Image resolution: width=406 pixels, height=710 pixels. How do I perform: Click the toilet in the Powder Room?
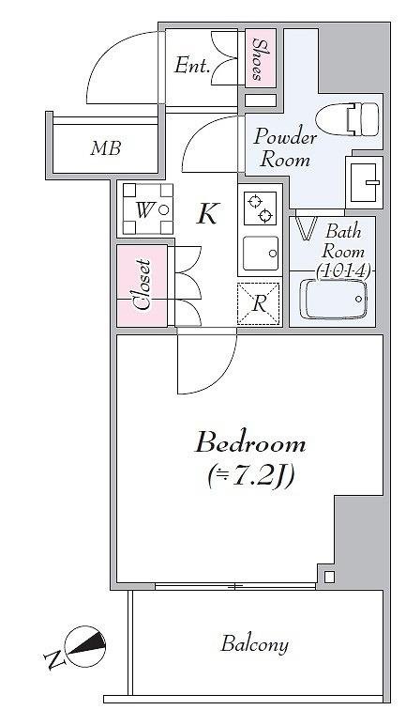(347, 119)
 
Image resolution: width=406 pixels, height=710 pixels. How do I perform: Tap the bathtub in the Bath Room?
(334, 300)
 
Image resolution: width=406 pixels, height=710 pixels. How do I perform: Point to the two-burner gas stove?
(260, 208)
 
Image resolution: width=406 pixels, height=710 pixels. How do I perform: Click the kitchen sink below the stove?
(261, 254)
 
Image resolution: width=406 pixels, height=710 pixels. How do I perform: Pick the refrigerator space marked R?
(259, 303)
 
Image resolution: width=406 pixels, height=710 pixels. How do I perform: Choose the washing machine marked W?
(148, 208)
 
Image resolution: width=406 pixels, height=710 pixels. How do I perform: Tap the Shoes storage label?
(260, 59)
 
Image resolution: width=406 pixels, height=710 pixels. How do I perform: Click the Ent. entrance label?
(192, 66)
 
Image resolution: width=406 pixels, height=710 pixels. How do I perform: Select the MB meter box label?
(105, 148)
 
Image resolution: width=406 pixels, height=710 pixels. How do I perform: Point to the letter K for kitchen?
(207, 213)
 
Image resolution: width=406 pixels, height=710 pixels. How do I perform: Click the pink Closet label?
(143, 285)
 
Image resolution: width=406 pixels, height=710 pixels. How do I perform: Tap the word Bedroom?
(250, 443)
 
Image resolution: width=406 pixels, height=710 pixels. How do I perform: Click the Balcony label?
(254, 644)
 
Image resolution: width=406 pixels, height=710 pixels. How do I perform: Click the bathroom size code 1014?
(343, 271)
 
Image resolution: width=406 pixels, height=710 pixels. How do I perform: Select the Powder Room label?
(284, 148)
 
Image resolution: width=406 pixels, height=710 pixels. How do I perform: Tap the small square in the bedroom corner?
(329, 577)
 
